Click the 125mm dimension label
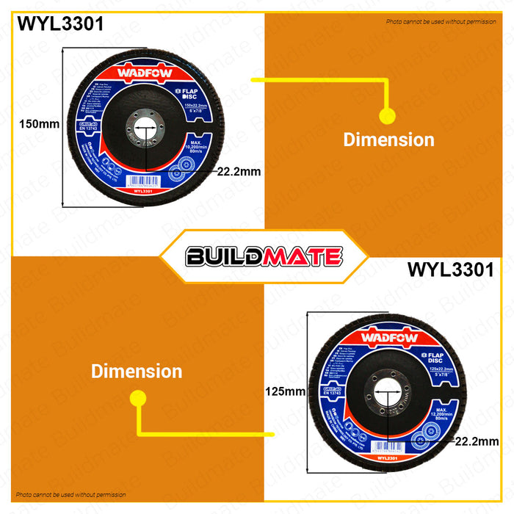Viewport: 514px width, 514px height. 284,392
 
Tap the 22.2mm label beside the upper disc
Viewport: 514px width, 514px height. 239,173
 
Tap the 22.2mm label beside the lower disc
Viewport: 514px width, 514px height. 477,441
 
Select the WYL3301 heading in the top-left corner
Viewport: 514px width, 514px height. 61,23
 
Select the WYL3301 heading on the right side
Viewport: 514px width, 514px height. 450,269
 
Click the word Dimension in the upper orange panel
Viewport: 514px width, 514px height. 388,140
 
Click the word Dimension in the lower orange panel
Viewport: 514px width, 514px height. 137,372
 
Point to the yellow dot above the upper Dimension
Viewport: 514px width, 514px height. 386,115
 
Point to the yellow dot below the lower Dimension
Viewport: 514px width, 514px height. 137,397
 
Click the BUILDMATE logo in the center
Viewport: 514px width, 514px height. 264,256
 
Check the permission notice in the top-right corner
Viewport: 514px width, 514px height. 441,22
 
